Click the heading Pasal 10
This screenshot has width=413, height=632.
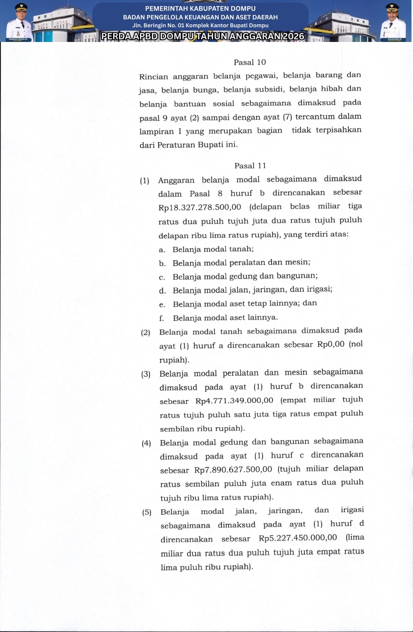250,62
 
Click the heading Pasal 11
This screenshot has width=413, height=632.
250,166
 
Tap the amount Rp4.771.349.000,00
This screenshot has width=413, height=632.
234,400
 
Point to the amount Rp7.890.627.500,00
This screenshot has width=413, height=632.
234,470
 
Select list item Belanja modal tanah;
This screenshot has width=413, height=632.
213,249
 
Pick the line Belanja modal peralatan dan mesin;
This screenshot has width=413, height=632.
241,263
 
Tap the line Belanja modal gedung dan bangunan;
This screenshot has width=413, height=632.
245,277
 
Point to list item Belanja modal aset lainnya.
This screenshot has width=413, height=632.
225,318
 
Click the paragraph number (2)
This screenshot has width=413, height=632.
146,332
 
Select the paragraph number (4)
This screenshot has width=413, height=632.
147,443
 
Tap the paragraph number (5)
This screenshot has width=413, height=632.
147,512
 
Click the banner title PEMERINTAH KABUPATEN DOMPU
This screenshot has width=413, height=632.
200,9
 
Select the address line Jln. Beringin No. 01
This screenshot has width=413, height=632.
200,25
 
